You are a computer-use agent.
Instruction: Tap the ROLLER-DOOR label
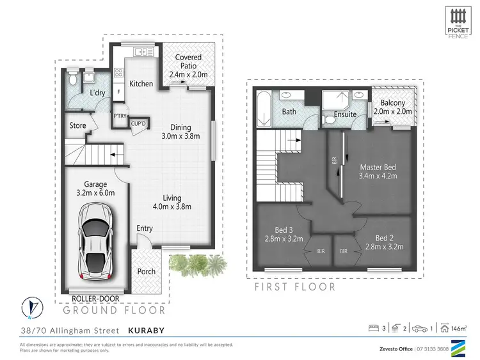[x=94, y=298]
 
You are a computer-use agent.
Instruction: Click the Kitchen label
[x=141, y=84]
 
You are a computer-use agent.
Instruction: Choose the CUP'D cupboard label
[x=138, y=124]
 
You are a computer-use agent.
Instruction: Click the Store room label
[x=78, y=126]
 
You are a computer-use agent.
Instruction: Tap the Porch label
[x=147, y=271]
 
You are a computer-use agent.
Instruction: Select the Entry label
[x=145, y=228]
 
